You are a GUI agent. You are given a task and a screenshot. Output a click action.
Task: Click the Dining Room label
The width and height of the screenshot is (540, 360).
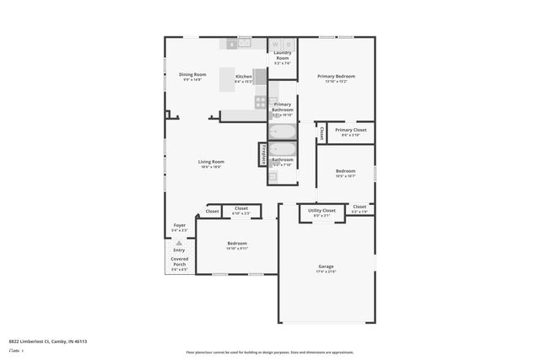[192, 74]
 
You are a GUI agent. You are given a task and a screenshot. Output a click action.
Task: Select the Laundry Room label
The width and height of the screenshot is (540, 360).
[283, 56]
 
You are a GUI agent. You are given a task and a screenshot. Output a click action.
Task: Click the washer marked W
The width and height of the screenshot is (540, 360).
[275, 44]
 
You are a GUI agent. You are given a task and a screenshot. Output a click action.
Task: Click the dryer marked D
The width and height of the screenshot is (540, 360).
[288, 44]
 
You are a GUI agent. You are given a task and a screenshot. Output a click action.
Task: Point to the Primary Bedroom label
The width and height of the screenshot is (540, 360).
[336, 76]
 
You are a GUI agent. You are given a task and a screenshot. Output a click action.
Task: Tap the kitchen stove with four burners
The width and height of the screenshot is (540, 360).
[261, 102]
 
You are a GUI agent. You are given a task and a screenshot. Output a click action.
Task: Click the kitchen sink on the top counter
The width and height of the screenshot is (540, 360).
[244, 42]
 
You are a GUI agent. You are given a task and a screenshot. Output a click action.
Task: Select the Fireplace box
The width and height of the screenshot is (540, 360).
[263, 155]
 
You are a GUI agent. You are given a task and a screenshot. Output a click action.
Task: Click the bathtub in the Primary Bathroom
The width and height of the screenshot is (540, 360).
[282, 132]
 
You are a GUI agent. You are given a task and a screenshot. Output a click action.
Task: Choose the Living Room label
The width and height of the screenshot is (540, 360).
[211, 161]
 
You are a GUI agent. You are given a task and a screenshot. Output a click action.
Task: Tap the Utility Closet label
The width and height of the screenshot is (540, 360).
[321, 210]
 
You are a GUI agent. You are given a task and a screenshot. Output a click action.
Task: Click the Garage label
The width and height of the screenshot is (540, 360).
[326, 266]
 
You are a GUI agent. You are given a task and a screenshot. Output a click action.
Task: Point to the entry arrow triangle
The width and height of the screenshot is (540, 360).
[179, 242]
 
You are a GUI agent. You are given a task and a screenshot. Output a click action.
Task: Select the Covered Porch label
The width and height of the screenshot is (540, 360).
[179, 261]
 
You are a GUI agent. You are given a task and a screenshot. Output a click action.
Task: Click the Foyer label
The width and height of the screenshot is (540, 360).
[179, 225]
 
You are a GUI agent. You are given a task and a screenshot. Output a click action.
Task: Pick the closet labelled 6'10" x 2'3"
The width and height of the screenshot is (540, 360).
[241, 209]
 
